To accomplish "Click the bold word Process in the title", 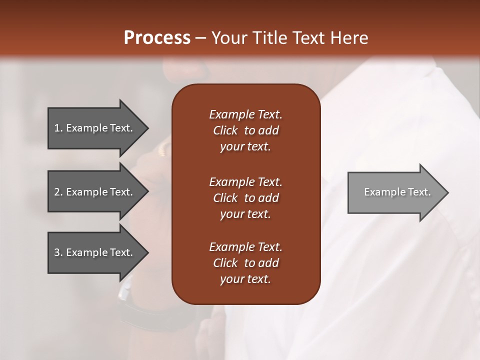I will pyautogui.click(x=157, y=38).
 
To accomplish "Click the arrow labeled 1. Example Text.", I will pyautogui.click(x=95, y=128).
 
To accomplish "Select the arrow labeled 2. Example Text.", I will pyautogui.click(x=95, y=192).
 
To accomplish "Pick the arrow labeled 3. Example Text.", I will pyautogui.click(x=95, y=252).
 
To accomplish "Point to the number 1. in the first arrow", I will pyautogui.click(x=58, y=128).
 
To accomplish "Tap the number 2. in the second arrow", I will pyautogui.click(x=58, y=192).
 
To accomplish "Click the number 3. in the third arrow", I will pyautogui.click(x=58, y=252).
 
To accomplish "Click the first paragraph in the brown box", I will pyautogui.click(x=245, y=130).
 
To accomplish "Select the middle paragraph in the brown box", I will pyautogui.click(x=245, y=198).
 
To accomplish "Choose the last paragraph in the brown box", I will pyautogui.click(x=245, y=263).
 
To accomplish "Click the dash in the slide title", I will pyautogui.click(x=200, y=38).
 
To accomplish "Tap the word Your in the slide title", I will pyautogui.click(x=228, y=38).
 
